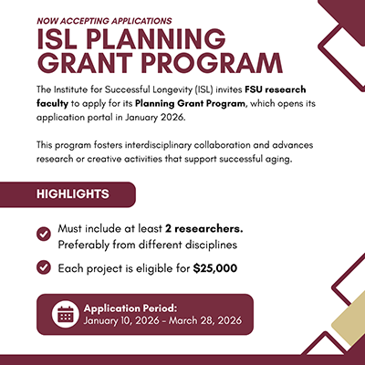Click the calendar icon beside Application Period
click(66, 314)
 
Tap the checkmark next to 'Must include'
click(43, 235)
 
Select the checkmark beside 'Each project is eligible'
click(43, 267)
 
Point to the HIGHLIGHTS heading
click(74, 194)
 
